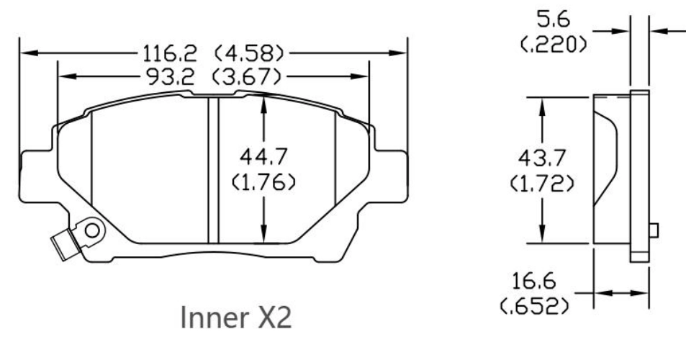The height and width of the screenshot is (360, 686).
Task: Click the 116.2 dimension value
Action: (x=176, y=53)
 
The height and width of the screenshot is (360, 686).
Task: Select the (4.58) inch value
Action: (x=248, y=53)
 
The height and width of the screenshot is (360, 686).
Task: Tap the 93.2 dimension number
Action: (x=176, y=76)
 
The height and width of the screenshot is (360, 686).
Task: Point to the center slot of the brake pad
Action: (x=212, y=171)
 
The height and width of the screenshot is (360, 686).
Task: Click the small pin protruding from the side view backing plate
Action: (x=654, y=230)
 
